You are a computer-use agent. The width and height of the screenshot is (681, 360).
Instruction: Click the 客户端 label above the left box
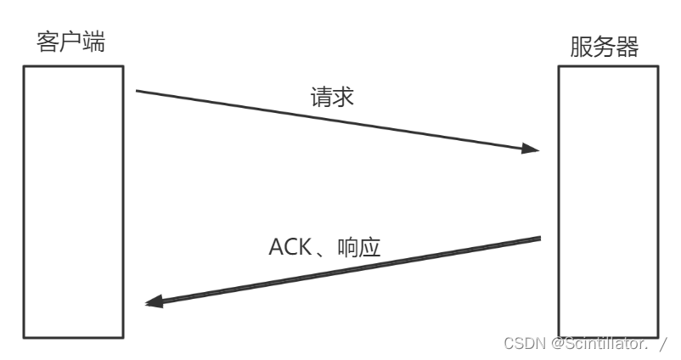click(x=71, y=41)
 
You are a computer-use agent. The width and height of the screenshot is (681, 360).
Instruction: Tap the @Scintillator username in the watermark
click(x=599, y=343)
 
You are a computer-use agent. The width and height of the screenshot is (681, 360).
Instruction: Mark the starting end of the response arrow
click(x=540, y=239)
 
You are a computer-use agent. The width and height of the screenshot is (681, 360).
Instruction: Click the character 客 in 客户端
click(x=48, y=41)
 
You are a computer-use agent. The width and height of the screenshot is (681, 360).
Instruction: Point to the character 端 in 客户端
click(x=94, y=41)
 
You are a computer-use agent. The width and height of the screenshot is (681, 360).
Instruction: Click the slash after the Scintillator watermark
click(x=663, y=343)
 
